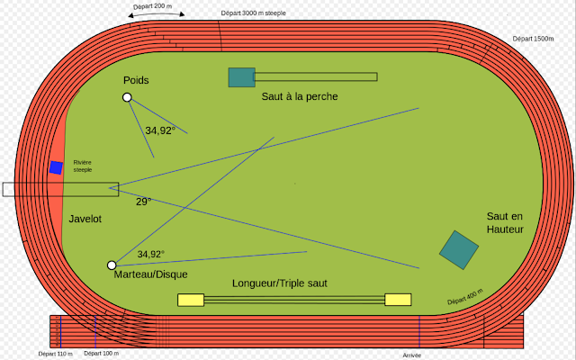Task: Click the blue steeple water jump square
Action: coord(56,167)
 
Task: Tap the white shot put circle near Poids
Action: coord(127,97)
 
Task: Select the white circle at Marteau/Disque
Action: coord(112,265)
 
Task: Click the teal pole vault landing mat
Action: coord(242,77)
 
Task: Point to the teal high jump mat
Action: coord(459,250)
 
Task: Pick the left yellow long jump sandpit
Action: coord(191,300)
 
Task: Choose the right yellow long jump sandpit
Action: coord(398,300)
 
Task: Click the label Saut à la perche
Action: coord(300,96)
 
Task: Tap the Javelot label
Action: coord(85,219)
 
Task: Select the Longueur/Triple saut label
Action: coord(280,283)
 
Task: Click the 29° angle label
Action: coord(144,202)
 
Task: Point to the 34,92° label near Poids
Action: coord(160,130)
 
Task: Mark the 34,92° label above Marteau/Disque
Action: coord(150,254)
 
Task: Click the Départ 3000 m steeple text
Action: coord(253,13)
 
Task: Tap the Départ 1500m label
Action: coord(533,39)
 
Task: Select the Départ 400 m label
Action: coord(465,297)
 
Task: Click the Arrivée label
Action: coord(412,355)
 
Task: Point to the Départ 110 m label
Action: coord(56,354)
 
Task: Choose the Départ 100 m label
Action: coord(102,353)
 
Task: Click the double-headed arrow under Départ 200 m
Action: coord(156,13)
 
